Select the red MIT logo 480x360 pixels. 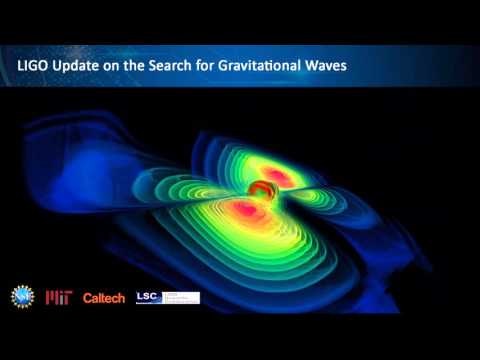(58, 297)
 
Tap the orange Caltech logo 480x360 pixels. (103, 298)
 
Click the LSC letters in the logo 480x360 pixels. (148, 297)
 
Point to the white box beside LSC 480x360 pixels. (181, 297)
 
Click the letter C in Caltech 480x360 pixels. (88, 298)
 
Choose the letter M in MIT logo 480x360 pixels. (52, 297)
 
